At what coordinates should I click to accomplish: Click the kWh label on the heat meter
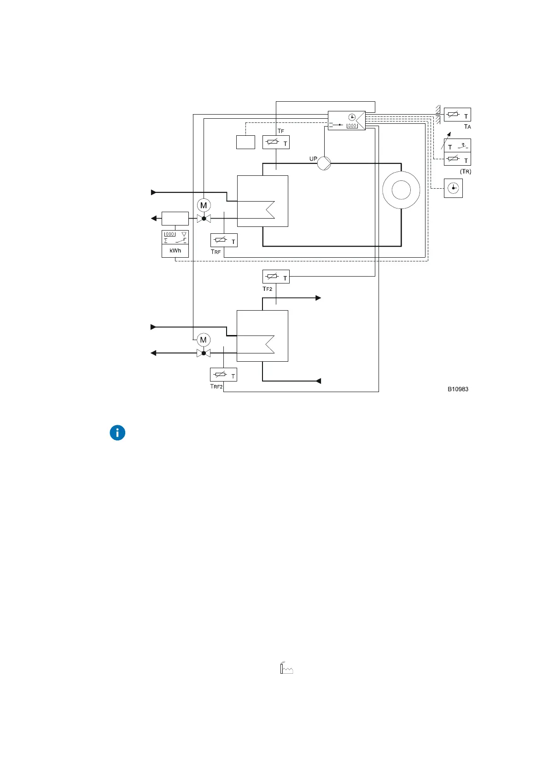point(175,251)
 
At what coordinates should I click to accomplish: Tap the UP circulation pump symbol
point(324,163)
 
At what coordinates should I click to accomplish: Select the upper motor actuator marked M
point(204,205)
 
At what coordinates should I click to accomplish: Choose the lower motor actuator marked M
point(204,340)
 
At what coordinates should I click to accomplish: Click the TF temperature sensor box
point(276,143)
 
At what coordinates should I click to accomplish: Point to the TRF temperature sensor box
point(224,240)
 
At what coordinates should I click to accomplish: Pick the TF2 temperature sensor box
point(276,277)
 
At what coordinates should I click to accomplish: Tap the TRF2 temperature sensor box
point(223,375)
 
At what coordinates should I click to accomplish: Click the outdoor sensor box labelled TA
point(457,115)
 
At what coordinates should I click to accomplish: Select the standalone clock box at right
point(453,188)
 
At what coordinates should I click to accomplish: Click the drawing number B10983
point(458,389)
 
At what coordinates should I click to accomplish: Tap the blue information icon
point(117,433)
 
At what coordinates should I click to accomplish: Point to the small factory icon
point(286,669)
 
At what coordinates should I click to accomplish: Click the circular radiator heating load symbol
point(401,190)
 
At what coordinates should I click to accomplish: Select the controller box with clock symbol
point(346,121)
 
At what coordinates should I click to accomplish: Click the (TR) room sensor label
point(466,172)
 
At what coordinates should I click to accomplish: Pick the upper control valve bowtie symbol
point(204,219)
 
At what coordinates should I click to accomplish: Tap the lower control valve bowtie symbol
point(204,353)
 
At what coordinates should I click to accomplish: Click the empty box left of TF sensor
point(245,142)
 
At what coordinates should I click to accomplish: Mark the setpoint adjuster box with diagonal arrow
point(457,146)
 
